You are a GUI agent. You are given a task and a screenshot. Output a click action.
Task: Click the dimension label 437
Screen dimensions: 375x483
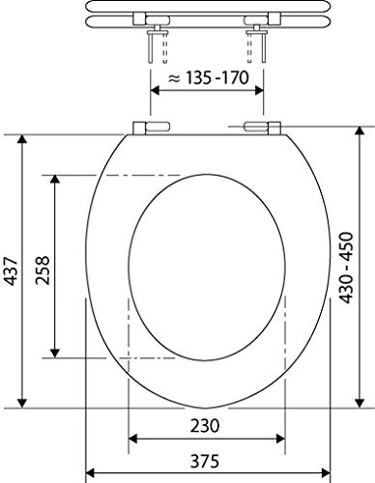pyautogui.click(x=12, y=271)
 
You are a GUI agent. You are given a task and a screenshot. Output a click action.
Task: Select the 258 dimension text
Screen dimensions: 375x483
pyautogui.click(x=43, y=270)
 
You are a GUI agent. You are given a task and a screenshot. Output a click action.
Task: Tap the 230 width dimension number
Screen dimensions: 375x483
pyautogui.click(x=205, y=426)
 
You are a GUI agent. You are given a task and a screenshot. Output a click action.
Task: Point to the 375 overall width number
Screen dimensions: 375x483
pyautogui.click(x=205, y=461)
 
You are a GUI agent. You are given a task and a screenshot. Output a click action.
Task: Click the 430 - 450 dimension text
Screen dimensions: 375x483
pyautogui.click(x=347, y=268)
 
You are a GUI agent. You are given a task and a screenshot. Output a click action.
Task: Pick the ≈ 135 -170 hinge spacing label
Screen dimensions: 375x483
pyautogui.click(x=209, y=78)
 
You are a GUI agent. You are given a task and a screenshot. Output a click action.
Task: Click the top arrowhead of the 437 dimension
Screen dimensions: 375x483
pyautogui.click(x=22, y=139)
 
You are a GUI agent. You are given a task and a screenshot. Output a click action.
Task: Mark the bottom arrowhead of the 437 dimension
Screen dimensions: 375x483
pyautogui.click(x=22, y=403)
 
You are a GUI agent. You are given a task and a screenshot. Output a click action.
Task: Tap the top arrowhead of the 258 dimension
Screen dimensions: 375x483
pyautogui.click(x=55, y=180)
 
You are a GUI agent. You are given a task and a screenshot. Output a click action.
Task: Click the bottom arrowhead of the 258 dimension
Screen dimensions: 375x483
pyautogui.click(x=55, y=354)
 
